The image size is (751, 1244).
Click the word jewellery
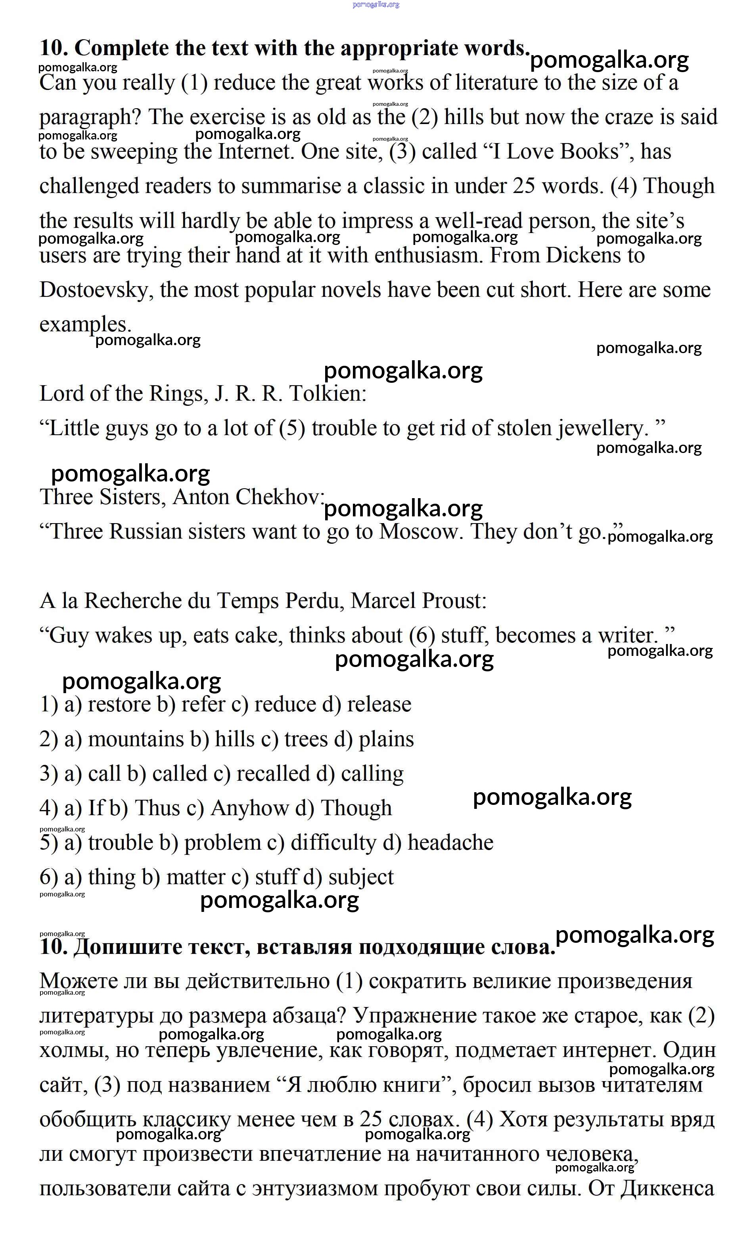[602, 429]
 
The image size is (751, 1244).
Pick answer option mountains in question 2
[135, 740]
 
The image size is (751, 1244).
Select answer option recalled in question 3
[273, 774]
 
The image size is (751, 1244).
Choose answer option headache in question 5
[450, 843]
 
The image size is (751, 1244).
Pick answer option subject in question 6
[360, 877]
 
